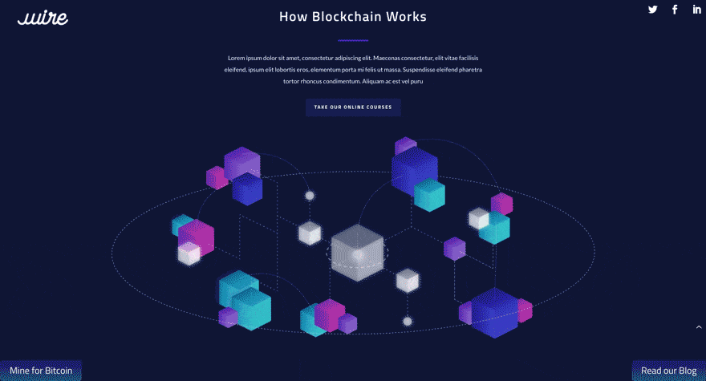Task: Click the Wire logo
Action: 43,18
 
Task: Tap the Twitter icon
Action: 653,10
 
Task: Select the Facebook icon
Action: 675,10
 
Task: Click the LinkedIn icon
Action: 696,10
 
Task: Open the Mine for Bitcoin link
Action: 41,371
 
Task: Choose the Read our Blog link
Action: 668,371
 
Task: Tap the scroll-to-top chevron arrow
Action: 699,327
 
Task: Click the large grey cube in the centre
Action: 358,253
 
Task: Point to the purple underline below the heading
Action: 353,40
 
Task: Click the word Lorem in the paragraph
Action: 237,58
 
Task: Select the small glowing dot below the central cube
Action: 408,322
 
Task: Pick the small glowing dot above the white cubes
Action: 310,196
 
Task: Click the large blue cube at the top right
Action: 414,170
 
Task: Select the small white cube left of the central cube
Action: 310,233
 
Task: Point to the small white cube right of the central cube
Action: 408,280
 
